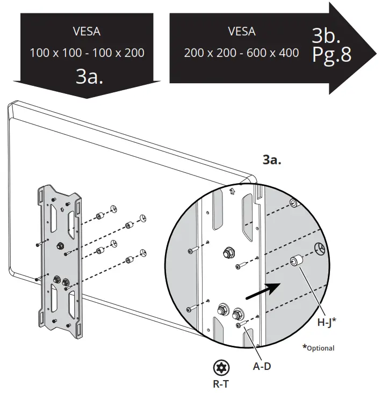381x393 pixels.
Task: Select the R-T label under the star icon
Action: click(x=221, y=384)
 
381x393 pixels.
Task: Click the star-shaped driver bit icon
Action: click(x=221, y=368)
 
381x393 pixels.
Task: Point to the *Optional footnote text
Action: click(x=318, y=348)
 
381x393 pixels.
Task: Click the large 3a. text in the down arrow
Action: click(x=89, y=76)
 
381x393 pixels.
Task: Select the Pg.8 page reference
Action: click(x=332, y=55)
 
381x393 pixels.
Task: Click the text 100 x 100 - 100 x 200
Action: click(x=87, y=53)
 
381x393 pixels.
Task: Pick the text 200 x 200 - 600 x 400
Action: click(x=241, y=53)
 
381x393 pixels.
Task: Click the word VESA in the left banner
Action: click(x=86, y=31)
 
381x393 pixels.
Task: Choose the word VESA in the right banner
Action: click(x=241, y=31)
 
